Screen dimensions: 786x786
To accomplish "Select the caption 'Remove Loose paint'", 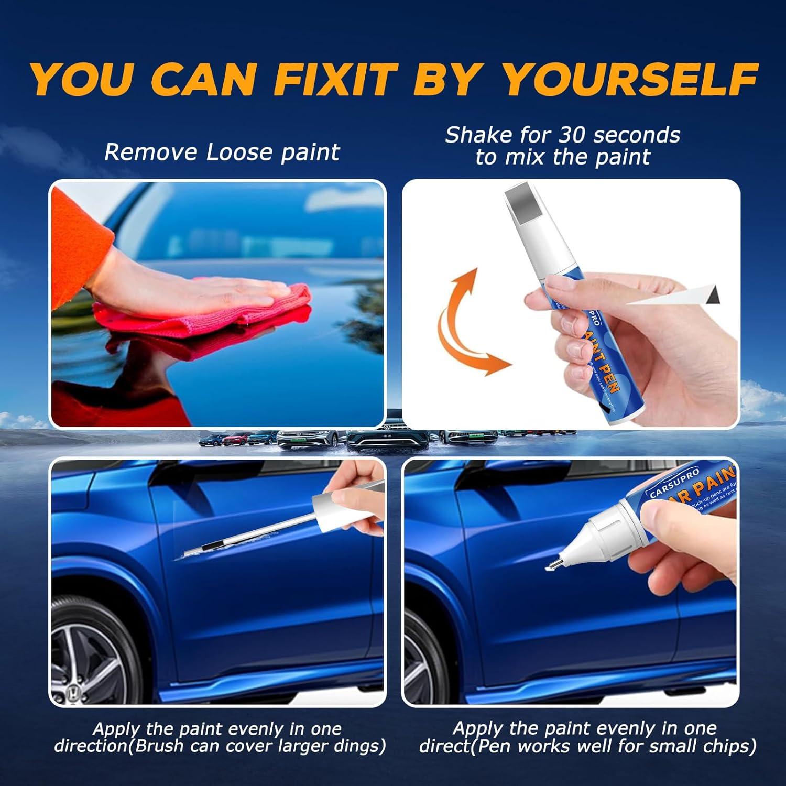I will [x=222, y=152].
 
